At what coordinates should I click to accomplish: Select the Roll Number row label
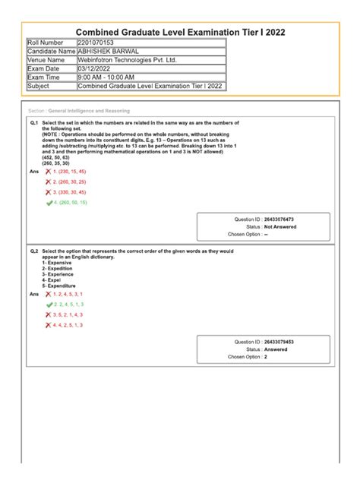(46, 43)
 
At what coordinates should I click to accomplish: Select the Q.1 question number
(34, 122)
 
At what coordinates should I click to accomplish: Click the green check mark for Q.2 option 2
(49, 303)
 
